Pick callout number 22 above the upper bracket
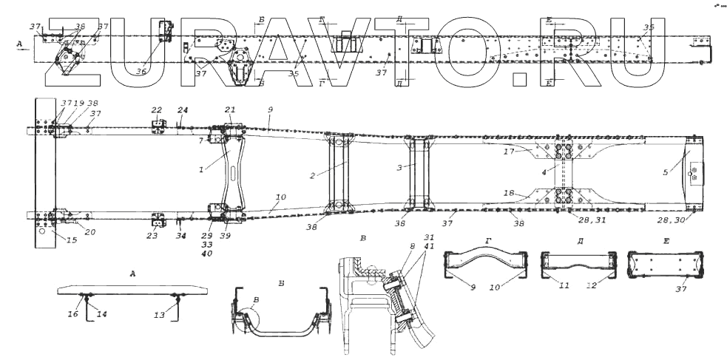(x=156, y=110)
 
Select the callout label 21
(x=229, y=110)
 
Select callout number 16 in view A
(x=73, y=315)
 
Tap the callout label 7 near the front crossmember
(x=200, y=140)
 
